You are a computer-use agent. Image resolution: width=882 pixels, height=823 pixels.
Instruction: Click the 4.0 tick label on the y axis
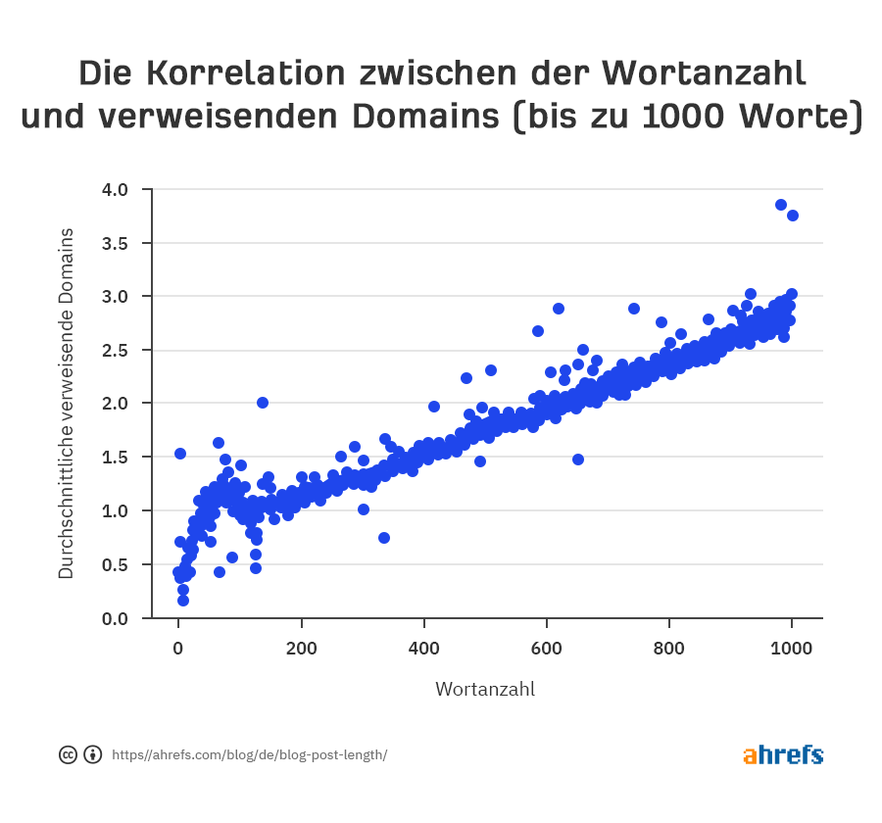pyautogui.click(x=116, y=189)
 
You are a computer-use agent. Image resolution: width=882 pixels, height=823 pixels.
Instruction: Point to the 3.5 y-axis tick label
pyautogui.click(x=116, y=243)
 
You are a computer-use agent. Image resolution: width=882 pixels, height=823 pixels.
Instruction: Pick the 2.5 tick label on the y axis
pyautogui.click(x=116, y=350)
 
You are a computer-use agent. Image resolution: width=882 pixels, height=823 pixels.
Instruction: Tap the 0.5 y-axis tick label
pyautogui.click(x=116, y=564)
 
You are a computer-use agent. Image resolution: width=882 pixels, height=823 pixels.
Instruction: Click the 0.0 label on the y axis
pyautogui.click(x=116, y=618)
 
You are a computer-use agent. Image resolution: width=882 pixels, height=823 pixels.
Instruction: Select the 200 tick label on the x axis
pyautogui.click(x=302, y=649)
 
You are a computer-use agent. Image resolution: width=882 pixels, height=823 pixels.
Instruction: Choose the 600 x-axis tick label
pyautogui.click(x=547, y=649)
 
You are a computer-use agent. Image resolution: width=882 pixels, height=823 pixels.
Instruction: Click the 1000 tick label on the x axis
pyautogui.click(x=792, y=649)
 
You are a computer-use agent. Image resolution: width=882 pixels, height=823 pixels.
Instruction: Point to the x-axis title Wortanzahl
pyautogui.click(x=485, y=689)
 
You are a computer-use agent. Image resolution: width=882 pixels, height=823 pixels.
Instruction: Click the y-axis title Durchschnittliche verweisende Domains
pyautogui.click(x=67, y=403)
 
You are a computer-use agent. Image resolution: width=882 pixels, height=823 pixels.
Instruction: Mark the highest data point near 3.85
pyautogui.click(x=781, y=205)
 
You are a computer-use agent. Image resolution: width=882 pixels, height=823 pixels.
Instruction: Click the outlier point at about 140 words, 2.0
pyautogui.click(x=263, y=403)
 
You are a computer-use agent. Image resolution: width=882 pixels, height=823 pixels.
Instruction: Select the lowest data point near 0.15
pyautogui.click(x=183, y=601)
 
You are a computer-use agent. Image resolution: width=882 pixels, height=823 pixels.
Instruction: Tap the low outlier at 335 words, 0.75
pyautogui.click(x=384, y=538)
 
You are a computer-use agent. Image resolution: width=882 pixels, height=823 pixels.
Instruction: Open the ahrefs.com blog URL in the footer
pyautogui.click(x=249, y=755)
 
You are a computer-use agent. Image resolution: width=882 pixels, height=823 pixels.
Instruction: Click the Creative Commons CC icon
pyautogui.click(x=68, y=754)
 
